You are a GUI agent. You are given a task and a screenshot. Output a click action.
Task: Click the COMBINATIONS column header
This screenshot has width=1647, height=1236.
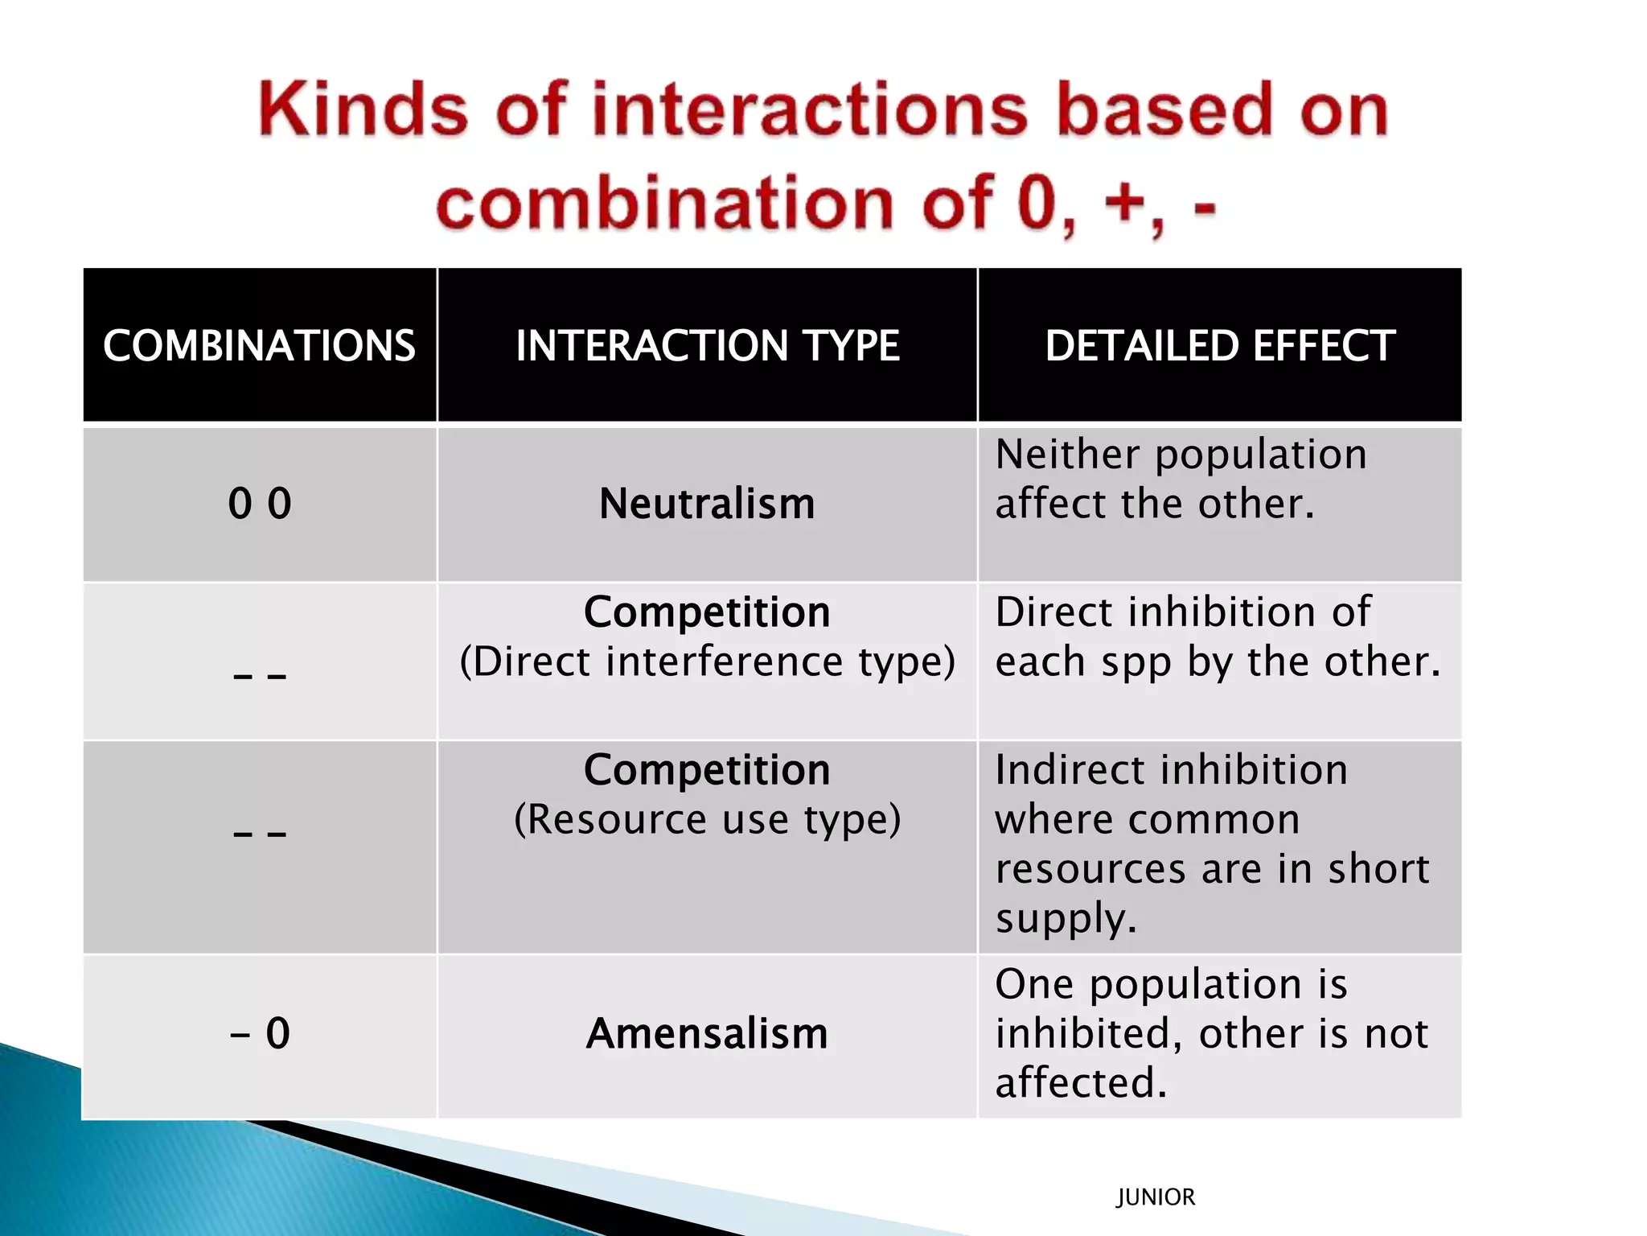pyautogui.click(x=259, y=345)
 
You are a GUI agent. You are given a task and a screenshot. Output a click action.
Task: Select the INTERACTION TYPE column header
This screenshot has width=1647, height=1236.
pyautogui.click(x=707, y=345)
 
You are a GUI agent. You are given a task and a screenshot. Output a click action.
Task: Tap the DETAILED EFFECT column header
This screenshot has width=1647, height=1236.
pyautogui.click(x=1219, y=345)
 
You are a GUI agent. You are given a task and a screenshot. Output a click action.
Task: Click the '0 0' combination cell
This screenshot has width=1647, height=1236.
pyautogui.click(x=259, y=504)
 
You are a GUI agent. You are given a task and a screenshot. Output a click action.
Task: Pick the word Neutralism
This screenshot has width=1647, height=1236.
pyautogui.click(x=707, y=504)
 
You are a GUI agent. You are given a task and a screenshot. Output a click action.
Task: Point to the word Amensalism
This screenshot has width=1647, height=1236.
pyautogui.click(x=707, y=1033)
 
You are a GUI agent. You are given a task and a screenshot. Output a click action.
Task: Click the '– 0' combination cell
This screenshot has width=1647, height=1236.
pyautogui.click(x=259, y=1033)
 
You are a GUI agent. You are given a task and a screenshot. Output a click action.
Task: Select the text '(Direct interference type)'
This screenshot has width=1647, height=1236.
pyautogui.click(x=707, y=661)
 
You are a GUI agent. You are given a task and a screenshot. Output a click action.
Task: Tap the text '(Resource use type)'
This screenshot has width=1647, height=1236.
pyautogui.click(x=707, y=819)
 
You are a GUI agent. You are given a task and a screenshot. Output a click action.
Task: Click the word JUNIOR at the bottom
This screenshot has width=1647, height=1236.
pyautogui.click(x=1155, y=1197)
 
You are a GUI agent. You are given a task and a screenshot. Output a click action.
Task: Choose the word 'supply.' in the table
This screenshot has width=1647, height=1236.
pyautogui.click(x=1066, y=919)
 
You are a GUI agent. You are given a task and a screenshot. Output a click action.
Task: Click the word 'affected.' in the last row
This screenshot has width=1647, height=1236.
pyautogui.click(x=1080, y=1082)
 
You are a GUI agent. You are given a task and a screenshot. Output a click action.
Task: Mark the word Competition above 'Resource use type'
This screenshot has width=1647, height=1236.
pyautogui.click(x=707, y=769)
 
